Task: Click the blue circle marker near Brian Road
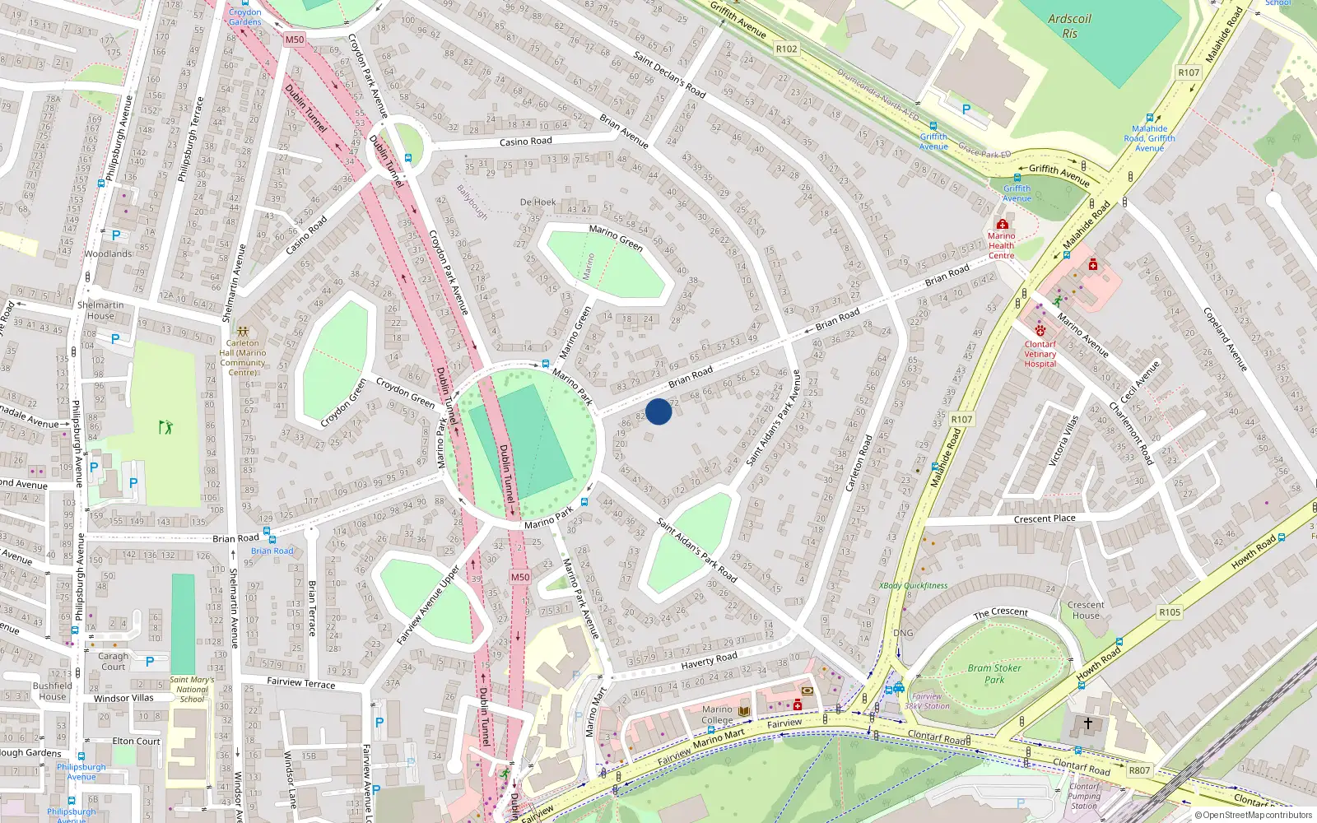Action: [x=658, y=411]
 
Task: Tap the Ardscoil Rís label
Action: [x=1069, y=26]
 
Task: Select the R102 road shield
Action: [x=786, y=49]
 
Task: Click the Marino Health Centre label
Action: [x=1001, y=245]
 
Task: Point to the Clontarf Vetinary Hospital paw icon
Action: [x=1040, y=331]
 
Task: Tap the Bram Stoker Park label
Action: [x=994, y=673]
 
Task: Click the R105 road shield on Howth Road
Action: [x=1169, y=612]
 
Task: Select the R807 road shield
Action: [x=1139, y=770]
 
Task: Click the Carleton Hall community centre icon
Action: [x=242, y=331]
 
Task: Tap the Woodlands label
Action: [x=108, y=253]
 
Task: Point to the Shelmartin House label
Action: [x=100, y=310]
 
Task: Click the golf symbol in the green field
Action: [x=165, y=426]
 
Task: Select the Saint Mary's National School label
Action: [x=192, y=690]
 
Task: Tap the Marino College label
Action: [x=717, y=714]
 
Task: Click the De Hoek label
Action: [x=538, y=202]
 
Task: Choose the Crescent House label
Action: [x=1086, y=610]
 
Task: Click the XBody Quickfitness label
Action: [x=913, y=586]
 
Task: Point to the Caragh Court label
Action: [x=114, y=661]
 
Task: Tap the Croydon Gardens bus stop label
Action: [x=244, y=16]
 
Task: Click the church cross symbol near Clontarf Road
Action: [x=1087, y=723]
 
